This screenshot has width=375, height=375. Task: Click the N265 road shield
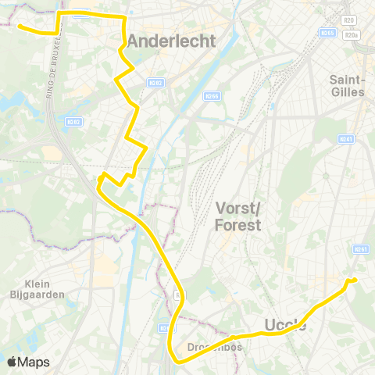(327, 33)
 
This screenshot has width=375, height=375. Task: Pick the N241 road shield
(346, 139)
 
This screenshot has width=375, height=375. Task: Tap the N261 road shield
(360, 249)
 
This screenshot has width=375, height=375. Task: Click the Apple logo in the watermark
(11, 362)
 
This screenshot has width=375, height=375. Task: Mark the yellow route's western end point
(18, 26)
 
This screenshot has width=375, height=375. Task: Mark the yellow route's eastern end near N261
(355, 280)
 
